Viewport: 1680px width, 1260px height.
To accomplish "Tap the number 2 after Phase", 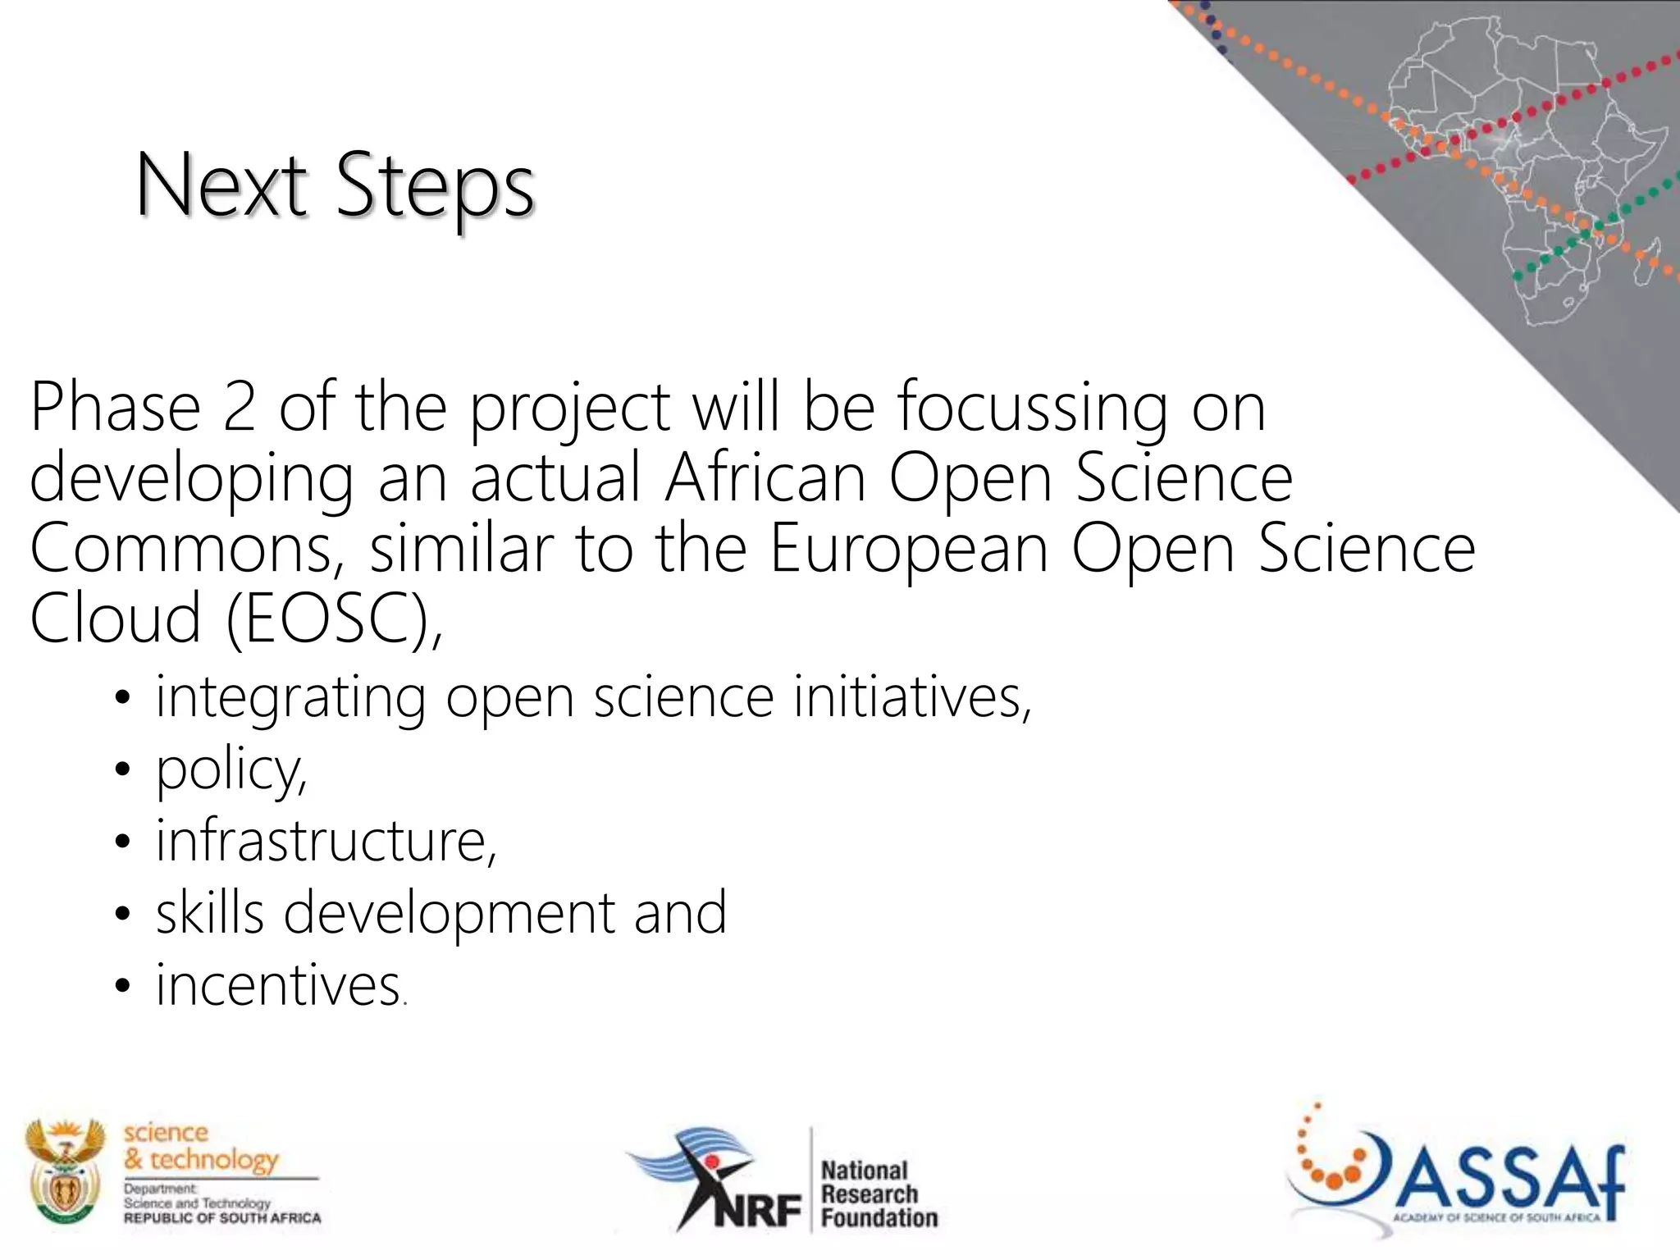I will tap(239, 408).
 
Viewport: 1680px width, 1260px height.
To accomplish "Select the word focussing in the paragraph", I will tap(1032, 408).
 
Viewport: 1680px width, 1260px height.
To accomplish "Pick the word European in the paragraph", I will tap(909, 548).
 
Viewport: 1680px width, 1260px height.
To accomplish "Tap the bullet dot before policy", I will tap(123, 771).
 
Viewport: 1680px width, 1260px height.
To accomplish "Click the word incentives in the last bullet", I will tap(277, 984).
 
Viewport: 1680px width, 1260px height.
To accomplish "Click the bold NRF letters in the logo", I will tap(756, 1210).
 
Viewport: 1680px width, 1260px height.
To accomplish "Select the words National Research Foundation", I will tap(878, 1194).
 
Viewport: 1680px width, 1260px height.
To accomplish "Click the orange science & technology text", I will tap(200, 1146).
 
